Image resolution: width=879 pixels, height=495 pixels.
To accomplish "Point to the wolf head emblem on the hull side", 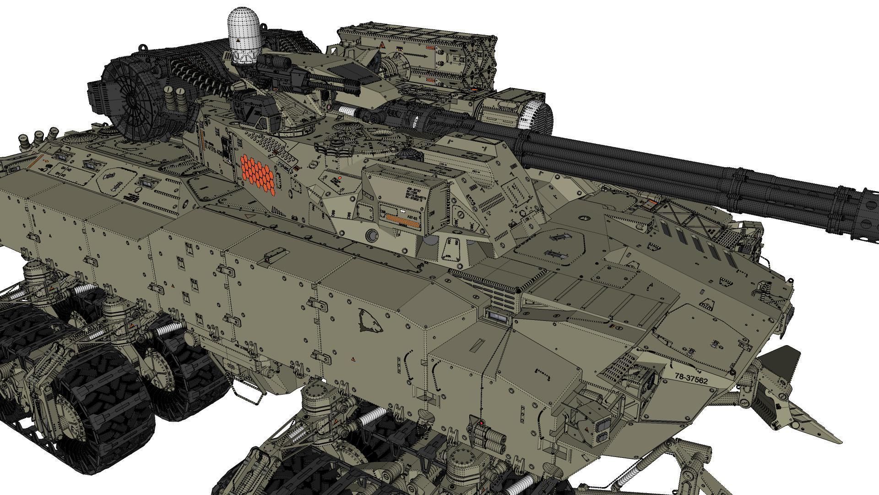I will (369, 321).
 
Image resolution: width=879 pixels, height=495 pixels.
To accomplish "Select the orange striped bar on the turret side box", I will (402, 222).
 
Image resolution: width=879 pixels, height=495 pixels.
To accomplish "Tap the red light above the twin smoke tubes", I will (482, 423).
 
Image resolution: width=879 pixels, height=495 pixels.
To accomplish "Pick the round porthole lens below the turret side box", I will (371, 236).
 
